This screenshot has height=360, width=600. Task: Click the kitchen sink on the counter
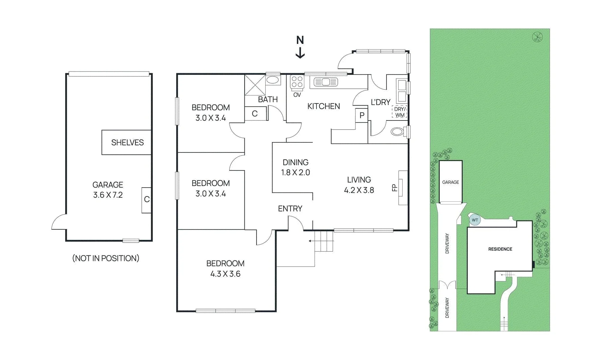326,82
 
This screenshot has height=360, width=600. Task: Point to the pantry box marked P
362,115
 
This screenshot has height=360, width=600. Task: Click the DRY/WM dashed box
400,112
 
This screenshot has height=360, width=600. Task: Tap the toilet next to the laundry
398,131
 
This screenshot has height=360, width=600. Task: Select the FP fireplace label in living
394,188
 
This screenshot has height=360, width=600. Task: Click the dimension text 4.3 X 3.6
225,274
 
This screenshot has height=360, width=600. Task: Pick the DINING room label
295,162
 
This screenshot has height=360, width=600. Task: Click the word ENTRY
290,209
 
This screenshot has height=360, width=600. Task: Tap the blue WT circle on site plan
475,220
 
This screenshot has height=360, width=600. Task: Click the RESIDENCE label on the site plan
500,249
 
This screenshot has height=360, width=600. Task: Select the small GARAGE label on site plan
451,182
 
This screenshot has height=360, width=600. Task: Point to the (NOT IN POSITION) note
106,258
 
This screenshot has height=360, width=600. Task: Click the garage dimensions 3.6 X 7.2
108,195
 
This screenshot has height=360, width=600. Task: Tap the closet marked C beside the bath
255,114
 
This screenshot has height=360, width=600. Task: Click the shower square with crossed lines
255,85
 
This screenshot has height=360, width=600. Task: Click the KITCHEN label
323,106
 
